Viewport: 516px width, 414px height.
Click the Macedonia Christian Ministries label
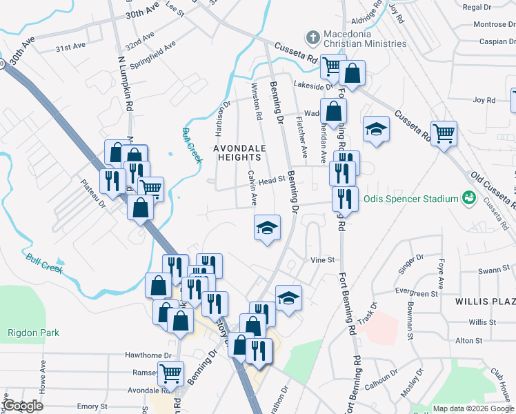(364, 38)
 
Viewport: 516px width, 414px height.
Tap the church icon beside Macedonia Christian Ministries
(312, 36)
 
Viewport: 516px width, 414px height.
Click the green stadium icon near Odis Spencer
(470, 199)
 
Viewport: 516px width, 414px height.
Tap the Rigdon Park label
(33, 333)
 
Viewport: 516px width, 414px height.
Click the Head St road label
(272, 179)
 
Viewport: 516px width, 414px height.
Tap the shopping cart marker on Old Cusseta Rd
(444, 133)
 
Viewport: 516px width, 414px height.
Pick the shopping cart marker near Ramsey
(170, 373)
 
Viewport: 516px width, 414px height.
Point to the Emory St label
(88, 407)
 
